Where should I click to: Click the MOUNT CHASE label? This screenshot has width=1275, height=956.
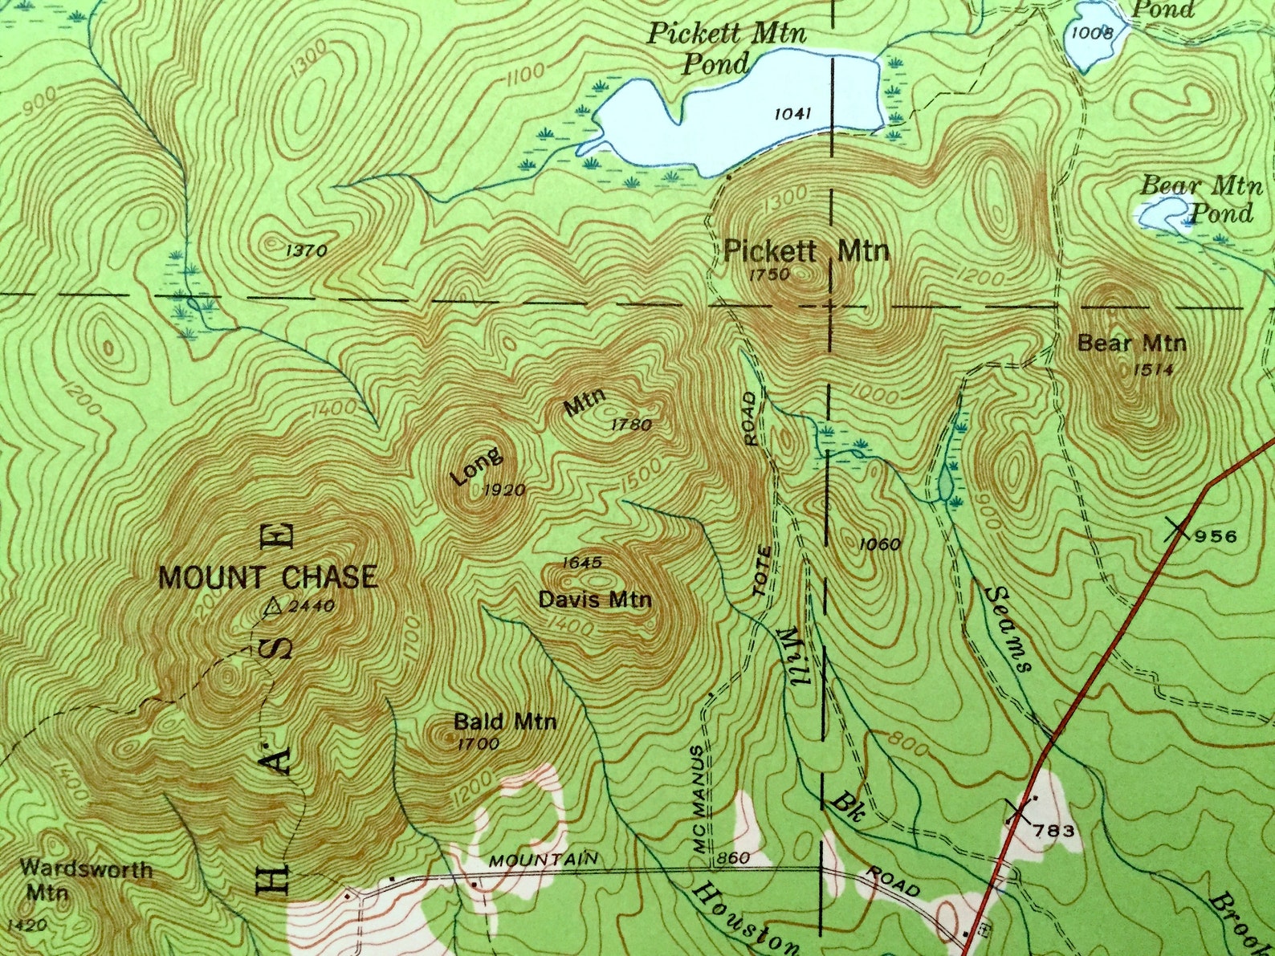point(268,578)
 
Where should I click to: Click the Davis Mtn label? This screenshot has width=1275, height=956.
point(595,600)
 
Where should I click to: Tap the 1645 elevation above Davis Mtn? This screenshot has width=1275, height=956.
point(582,563)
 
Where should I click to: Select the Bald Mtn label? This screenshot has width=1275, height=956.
point(505,721)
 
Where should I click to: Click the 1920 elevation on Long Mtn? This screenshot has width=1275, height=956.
point(506,490)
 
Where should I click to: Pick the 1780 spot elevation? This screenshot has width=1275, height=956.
point(631,425)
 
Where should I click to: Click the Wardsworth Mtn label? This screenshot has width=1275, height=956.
point(86,880)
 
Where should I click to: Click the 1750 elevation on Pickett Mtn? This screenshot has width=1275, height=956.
point(769,275)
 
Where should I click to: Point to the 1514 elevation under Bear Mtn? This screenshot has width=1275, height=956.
point(1155,369)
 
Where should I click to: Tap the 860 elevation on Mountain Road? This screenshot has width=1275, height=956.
point(733,858)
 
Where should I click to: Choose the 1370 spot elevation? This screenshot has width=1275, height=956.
point(306,250)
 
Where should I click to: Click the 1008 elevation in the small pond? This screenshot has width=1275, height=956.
point(1092,33)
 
